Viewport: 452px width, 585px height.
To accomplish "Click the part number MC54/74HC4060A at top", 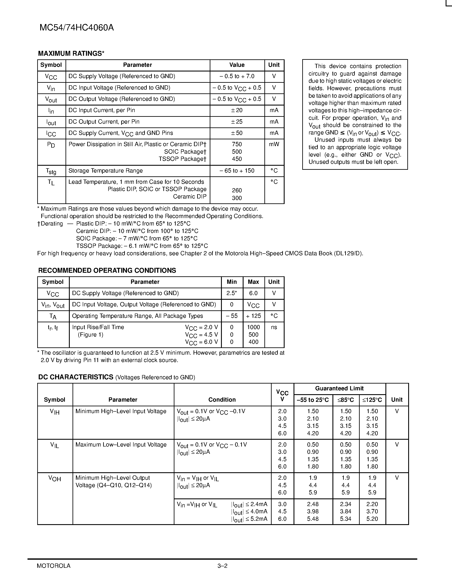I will tap(77, 28).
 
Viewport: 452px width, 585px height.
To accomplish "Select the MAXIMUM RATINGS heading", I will tap(71, 54).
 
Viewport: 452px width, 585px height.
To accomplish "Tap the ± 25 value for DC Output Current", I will tap(237, 122).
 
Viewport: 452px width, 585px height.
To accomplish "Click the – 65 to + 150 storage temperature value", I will tap(237, 171).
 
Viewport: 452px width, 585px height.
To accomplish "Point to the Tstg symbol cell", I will tap(51, 171).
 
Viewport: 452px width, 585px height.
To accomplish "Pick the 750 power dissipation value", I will tap(237, 144).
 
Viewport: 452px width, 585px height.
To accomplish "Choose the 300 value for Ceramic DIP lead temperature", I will tap(237, 198).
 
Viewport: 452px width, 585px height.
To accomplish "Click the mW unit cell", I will tap(274, 144).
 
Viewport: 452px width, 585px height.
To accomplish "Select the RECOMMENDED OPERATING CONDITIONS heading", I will tap(107, 271).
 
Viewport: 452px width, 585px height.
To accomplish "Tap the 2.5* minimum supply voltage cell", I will tap(232, 293).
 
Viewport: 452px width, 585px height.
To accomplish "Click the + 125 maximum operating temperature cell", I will tap(253, 316).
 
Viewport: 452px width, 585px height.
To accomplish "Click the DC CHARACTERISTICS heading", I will tap(76, 377).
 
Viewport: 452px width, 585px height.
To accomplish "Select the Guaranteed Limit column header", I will tap(339, 388).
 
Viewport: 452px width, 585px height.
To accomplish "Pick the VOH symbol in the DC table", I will tap(55, 478).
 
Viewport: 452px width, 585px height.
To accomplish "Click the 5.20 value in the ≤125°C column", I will tap(372, 519).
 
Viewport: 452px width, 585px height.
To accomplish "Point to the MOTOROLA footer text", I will tap(54, 566).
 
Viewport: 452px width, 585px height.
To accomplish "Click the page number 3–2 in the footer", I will tap(222, 566).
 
